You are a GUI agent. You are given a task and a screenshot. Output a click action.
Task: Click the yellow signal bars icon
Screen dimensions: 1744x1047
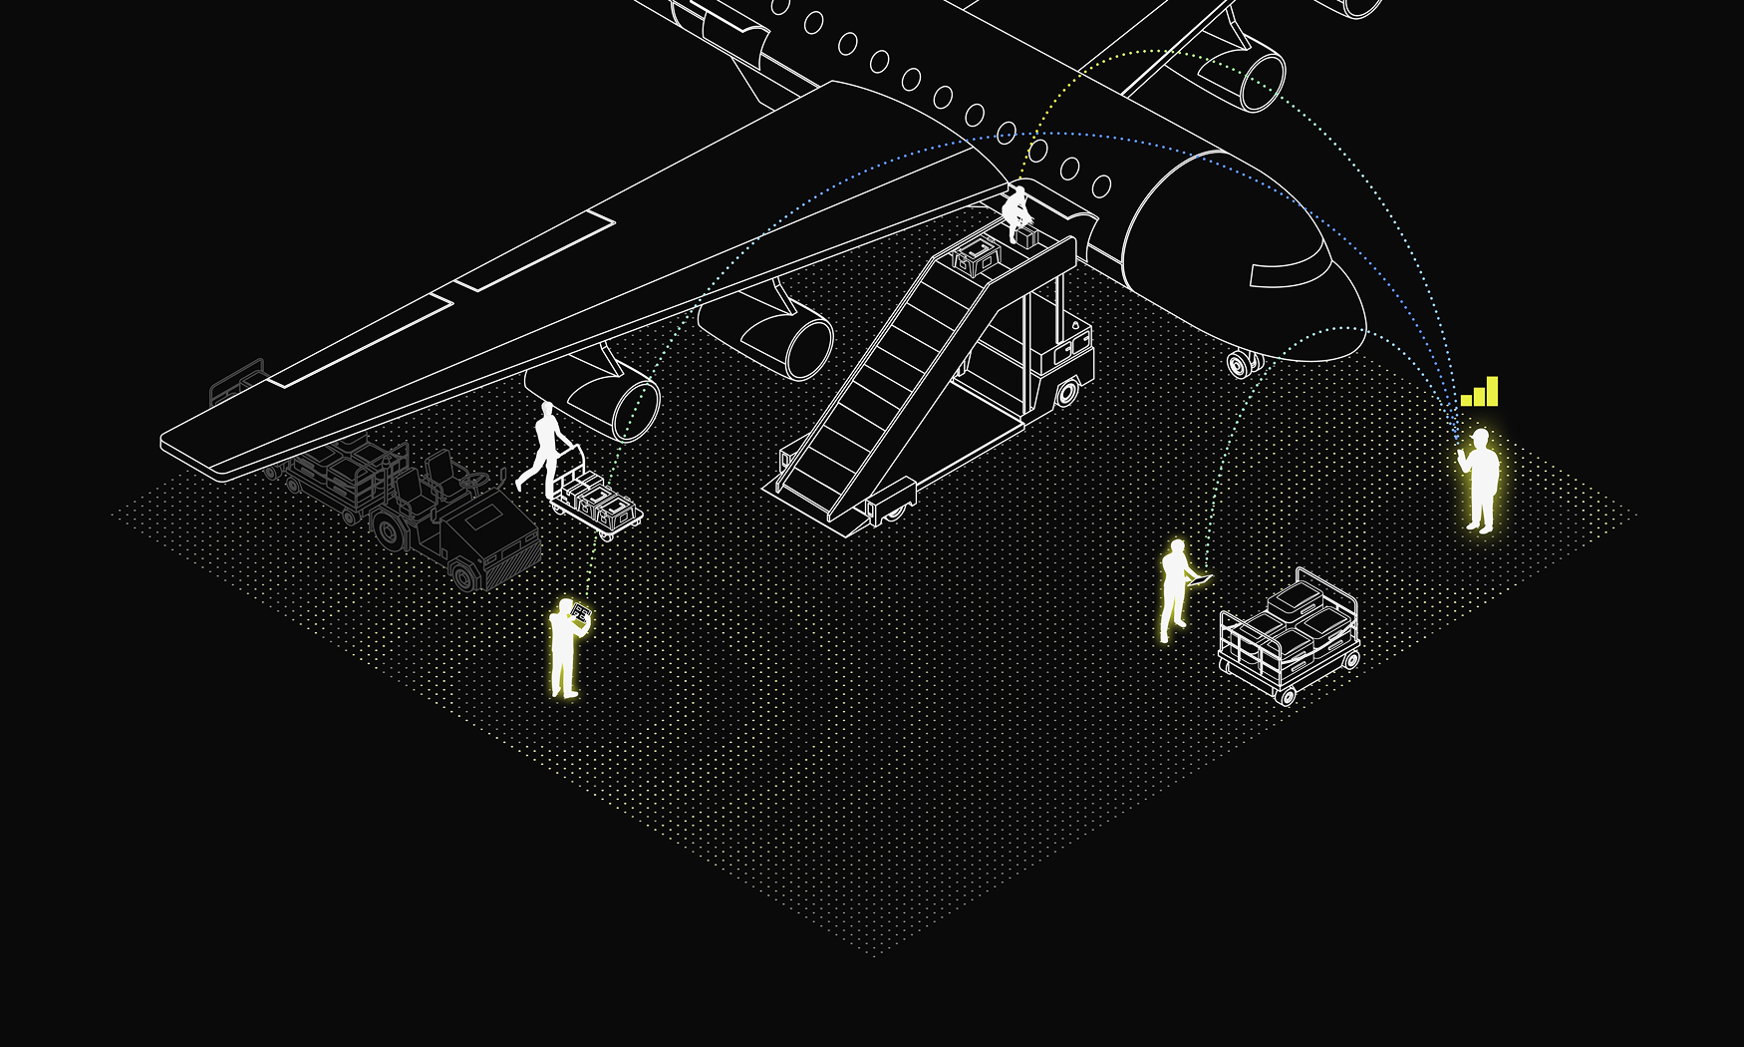1480,392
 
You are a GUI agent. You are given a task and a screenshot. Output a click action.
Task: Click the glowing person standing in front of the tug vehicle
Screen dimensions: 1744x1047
565,648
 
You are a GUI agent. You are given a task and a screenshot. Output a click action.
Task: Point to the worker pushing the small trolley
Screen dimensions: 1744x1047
544,449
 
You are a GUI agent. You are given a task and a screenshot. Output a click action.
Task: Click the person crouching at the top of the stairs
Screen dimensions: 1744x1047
1017,212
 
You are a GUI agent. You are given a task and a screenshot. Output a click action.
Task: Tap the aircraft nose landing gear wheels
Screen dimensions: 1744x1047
1242,365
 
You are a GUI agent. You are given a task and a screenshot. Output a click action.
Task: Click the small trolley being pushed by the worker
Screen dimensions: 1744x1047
598,504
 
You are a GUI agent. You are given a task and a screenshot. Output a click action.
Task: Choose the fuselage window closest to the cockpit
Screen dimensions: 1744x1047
1101,186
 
